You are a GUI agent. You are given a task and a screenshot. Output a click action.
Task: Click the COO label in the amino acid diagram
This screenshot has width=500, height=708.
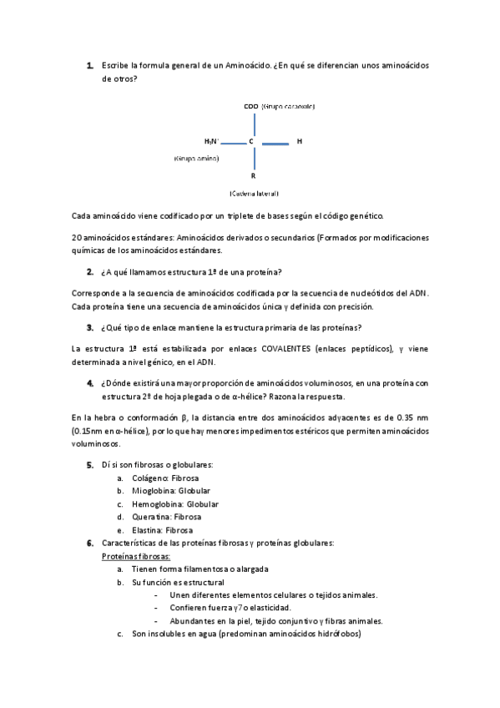250,107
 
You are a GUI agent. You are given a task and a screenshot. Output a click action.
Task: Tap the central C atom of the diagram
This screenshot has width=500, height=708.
251,142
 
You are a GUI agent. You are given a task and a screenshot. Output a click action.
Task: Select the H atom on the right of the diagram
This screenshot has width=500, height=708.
299,142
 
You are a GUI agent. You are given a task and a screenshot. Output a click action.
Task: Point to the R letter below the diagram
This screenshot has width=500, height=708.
253,176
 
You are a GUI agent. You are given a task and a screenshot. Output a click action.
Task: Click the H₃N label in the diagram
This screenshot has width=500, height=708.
211,142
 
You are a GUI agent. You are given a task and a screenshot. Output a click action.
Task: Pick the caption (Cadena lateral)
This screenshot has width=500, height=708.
254,194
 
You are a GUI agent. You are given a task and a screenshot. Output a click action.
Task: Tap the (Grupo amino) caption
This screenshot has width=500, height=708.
197,158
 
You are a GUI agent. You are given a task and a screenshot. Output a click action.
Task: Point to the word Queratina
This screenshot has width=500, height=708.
151,517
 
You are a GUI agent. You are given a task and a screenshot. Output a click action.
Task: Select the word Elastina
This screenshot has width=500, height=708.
148,530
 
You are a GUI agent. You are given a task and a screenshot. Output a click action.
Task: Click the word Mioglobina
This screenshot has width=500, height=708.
154,491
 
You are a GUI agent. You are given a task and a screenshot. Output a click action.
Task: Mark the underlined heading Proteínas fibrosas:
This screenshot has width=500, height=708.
136,556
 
